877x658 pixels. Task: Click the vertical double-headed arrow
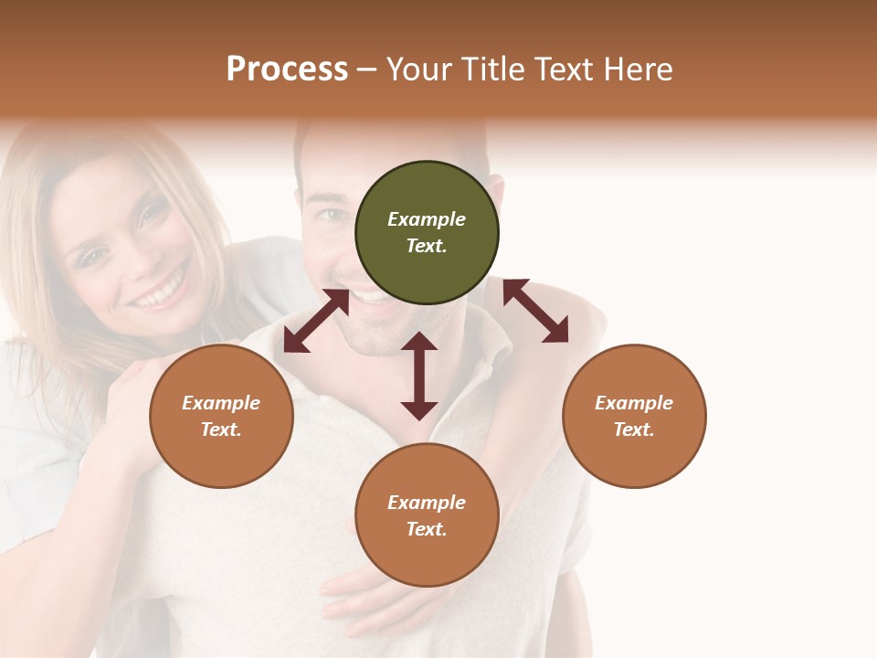419,376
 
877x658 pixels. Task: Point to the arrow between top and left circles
316,321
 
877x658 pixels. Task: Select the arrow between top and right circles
535,311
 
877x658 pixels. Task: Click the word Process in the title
287,69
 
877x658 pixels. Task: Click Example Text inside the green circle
427,232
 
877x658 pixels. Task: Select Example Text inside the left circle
221,416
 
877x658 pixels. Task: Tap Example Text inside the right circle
634,416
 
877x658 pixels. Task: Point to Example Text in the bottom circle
427,515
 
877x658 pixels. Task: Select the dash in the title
367,69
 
